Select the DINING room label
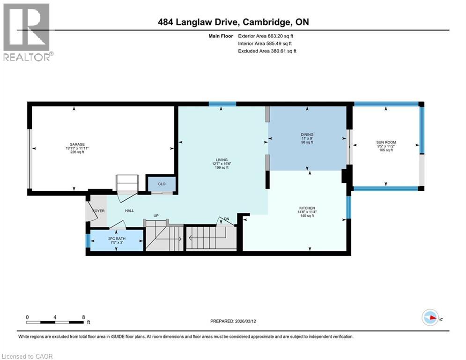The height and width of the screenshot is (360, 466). [x=307, y=135]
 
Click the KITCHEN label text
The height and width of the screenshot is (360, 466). [x=307, y=208]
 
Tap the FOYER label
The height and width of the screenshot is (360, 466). [x=98, y=211]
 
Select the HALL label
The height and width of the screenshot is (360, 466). [x=130, y=211]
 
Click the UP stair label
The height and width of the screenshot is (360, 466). [x=157, y=216]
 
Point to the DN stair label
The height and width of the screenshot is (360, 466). [x=226, y=219]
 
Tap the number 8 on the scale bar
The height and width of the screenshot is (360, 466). [x=83, y=317]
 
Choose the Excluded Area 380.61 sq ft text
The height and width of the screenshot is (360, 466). [x=267, y=51]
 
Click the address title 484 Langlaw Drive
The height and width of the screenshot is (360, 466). [x=232, y=22]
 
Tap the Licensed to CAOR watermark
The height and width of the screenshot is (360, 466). [x=27, y=356]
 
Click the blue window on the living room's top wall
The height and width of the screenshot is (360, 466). [x=222, y=104]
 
